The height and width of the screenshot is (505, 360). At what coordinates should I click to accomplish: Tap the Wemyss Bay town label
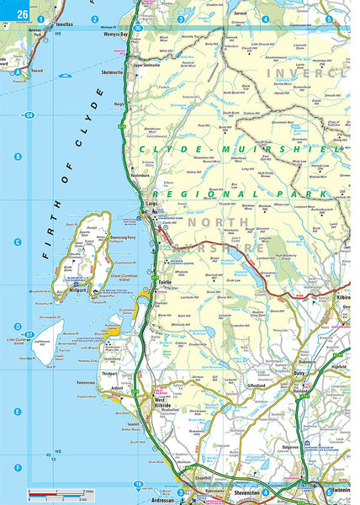115,35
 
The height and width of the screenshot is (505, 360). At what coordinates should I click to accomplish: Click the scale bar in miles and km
63,492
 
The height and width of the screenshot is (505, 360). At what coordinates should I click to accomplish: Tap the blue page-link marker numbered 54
29,114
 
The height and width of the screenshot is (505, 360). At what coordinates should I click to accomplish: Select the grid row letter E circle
18,412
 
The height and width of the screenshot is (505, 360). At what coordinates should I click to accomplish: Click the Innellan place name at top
64,25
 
